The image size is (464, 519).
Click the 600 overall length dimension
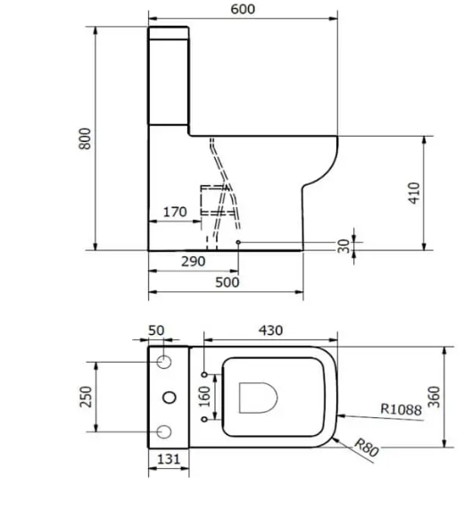click(x=243, y=9)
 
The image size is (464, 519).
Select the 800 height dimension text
click(x=85, y=138)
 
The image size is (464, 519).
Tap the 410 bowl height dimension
click(x=414, y=193)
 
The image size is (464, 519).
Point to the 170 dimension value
click(x=175, y=212)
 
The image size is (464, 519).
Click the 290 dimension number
click(x=194, y=262)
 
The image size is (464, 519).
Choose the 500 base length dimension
click(x=228, y=282)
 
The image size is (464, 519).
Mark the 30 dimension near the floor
click(x=344, y=247)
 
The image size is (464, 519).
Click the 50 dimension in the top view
click(x=156, y=331)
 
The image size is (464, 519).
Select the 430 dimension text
click(x=271, y=331)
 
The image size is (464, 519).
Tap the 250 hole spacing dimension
click(x=86, y=397)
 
